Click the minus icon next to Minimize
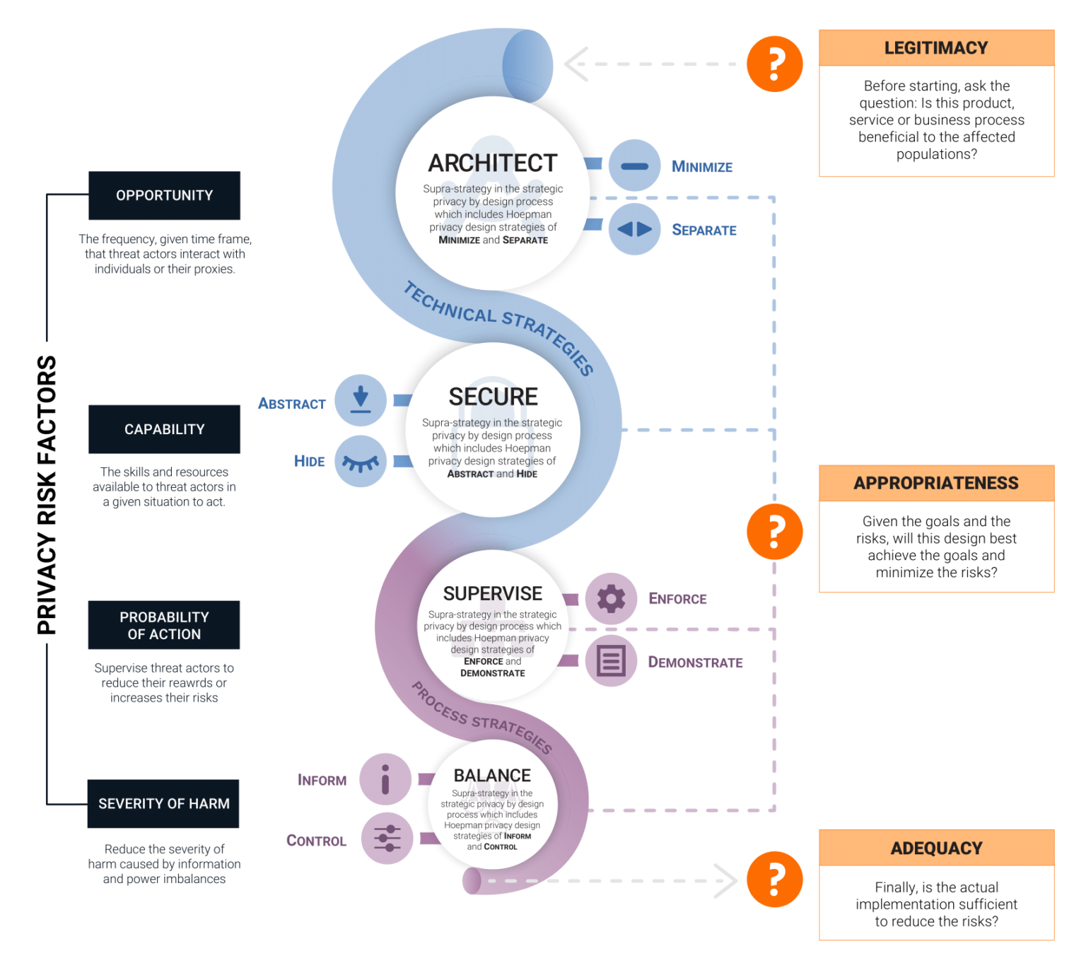point(634,166)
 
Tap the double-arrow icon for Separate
point(634,229)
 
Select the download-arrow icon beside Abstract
point(361,400)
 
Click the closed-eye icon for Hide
point(361,462)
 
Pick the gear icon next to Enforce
point(611,599)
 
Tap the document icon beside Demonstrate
point(611,662)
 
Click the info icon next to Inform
point(385,779)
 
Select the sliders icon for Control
point(387,839)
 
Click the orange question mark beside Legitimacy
point(775,64)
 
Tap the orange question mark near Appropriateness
point(775,532)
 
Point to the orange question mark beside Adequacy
point(775,879)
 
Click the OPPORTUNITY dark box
point(164,195)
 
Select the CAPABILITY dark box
point(164,429)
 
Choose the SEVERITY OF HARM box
point(163,803)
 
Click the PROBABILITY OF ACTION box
point(164,625)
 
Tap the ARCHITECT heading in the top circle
point(493,163)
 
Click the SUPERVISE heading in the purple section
point(493,593)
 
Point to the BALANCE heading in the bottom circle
point(492,776)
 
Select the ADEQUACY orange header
point(936,848)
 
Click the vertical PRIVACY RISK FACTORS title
point(47,495)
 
